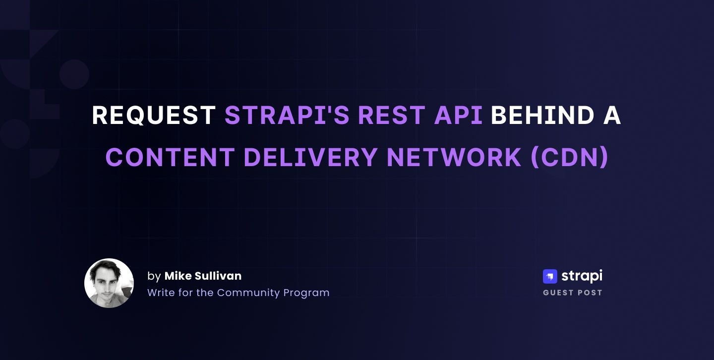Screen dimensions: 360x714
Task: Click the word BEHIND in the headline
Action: coord(542,116)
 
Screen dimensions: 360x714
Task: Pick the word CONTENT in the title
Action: coord(170,158)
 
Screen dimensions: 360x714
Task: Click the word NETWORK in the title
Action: coord(454,158)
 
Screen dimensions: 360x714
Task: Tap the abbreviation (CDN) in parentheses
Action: coord(569,158)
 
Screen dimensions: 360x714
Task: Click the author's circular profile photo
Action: coord(109,283)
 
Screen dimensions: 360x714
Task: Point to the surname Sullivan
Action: coord(218,276)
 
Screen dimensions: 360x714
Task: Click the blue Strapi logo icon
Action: coord(550,276)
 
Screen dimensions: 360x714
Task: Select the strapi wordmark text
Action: coord(582,276)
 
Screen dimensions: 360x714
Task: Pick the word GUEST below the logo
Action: coord(558,293)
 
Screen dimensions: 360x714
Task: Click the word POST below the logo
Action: coord(590,293)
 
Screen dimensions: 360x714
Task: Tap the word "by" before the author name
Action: coord(154,276)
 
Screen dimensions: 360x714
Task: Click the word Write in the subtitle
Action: coord(159,293)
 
